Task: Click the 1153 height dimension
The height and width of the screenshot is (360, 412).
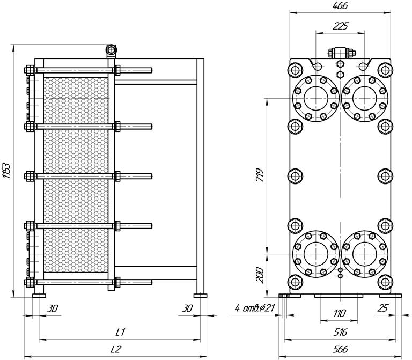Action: [x=7, y=171]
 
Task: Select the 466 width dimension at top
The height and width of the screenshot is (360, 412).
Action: [x=340, y=5]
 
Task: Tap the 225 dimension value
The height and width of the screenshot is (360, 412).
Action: [x=340, y=26]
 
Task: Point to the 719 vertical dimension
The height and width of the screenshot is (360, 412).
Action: [x=260, y=175]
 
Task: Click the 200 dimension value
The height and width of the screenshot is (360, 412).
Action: [x=260, y=275]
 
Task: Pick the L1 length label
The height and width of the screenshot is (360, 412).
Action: [x=120, y=332]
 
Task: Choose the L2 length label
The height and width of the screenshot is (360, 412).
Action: [x=116, y=349]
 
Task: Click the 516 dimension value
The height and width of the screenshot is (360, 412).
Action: [x=340, y=332]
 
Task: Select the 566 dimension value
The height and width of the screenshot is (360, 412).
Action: [x=340, y=349]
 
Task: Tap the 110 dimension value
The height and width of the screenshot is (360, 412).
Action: [x=339, y=313]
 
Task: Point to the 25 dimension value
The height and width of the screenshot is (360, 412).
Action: [x=382, y=308]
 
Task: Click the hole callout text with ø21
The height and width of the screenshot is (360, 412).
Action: [x=254, y=308]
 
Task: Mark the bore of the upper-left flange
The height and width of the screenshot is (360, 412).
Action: [x=316, y=98]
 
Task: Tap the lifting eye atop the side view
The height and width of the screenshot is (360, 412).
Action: [x=111, y=50]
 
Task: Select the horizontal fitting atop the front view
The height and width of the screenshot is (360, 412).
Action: [x=342, y=53]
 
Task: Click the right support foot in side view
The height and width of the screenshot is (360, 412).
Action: [x=200, y=296]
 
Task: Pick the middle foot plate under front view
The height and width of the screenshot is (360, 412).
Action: [x=339, y=296]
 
